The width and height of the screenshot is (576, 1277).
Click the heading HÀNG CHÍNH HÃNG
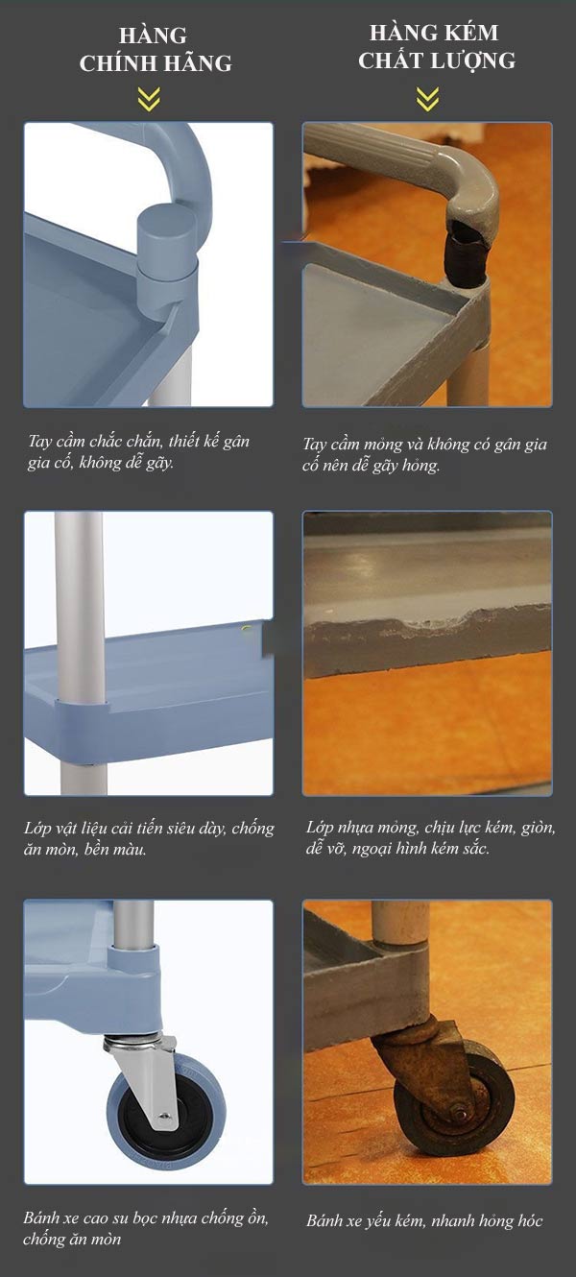tap(155, 49)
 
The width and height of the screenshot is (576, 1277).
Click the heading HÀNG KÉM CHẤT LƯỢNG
tap(437, 47)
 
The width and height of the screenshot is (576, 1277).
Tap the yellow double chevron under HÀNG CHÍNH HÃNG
tap(149, 99)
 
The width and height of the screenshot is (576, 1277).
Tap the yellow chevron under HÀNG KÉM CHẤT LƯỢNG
tap(427, 99)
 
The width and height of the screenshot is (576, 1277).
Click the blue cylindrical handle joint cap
tap(167, 243)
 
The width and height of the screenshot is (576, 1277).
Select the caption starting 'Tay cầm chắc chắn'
tap(139, 451)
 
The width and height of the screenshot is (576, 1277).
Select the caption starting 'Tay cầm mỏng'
tap(424, 454)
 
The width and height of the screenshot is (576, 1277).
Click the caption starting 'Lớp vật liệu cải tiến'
tap(149, 838)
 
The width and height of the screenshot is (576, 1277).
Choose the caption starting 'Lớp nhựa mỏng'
tap(430, 837)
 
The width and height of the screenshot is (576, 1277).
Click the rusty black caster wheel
tap(455, 1111)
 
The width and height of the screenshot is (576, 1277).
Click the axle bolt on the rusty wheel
tap(459, 1112)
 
